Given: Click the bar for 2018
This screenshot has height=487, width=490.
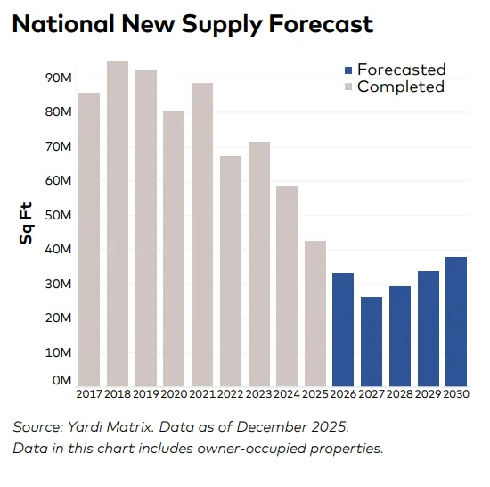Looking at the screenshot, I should pos(118,223).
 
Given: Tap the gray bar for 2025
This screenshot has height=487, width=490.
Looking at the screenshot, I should pos(314,312).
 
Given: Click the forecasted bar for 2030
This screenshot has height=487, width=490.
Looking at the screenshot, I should pos(456,321).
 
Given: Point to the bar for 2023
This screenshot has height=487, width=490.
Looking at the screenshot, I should pos(258,263).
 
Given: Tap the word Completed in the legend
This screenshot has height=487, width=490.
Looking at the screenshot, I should pos(400,87).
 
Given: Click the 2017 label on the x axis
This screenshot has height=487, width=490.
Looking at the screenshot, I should pos(89,394).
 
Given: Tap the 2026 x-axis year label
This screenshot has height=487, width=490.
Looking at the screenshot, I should pos(343,394).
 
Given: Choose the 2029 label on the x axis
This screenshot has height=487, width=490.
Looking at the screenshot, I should pos(428,394).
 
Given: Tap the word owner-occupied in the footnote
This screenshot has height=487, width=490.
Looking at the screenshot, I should pos(248,448).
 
